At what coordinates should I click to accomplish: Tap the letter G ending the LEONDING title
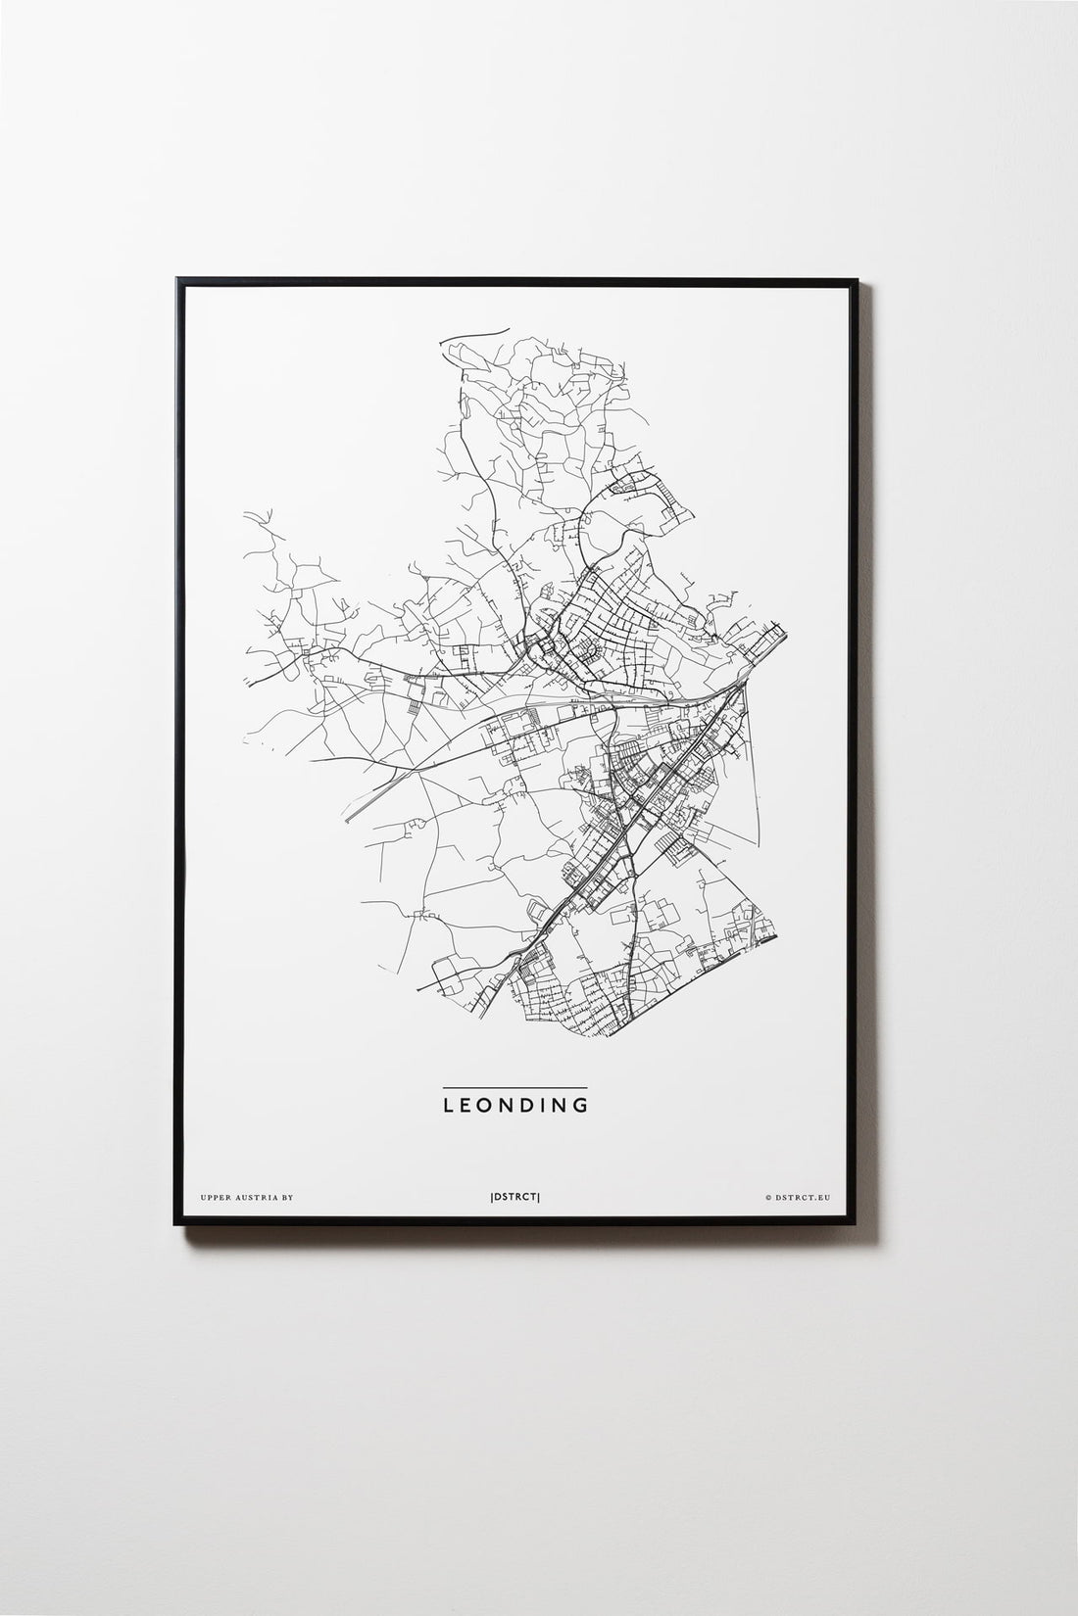[581, 1105]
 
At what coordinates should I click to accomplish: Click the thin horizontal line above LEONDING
[514, 1087]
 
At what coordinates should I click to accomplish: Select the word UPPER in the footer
[213, 1197]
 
